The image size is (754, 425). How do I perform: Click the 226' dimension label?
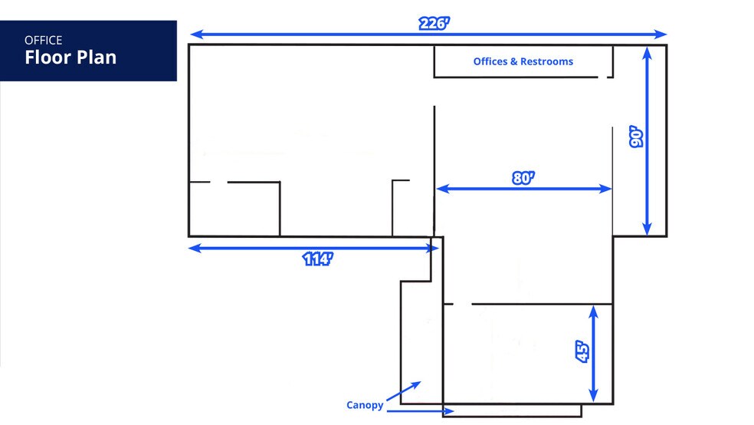tap(434, 23)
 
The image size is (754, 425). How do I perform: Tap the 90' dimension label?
tap(636, 137)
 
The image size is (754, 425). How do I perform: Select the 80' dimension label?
tap(523, 178)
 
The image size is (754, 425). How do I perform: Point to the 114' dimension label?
tap(317, 259)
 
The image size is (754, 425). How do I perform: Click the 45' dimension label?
tap(582, 351)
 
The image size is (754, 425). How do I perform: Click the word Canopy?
tap(365, 405)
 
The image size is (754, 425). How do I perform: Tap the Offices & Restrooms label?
tap(523, 61)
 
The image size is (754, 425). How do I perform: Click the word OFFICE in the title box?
tap(43, 40)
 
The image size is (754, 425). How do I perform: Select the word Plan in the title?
tap(97, 58)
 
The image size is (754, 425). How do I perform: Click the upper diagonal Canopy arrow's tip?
tap(420, 382)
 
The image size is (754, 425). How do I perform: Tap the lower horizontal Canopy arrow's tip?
tap(453, 411)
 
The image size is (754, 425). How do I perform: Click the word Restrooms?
tap(547, 61)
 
